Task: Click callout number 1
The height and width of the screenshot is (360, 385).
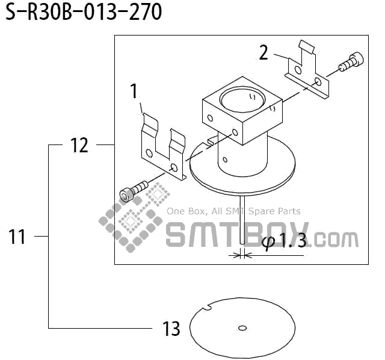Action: pyautogui.click(x=134, y=92)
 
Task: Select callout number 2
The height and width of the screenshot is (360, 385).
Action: pyautogui.click(x=263, y=52)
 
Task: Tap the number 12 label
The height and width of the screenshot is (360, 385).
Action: pyautogui.click(x=79, y=145)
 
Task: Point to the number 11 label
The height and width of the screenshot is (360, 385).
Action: pyautogui.click(x=17, y=237)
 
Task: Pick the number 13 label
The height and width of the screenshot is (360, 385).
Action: pyautogui.click(x=171, y=329)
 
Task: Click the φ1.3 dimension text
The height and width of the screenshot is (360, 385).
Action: pyautogui.click(x=285, y=241)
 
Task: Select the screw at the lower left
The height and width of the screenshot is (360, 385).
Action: pyautogui.click(x=133, y=191)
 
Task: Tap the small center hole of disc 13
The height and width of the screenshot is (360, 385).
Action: pyautogui.click(x=242, y=328)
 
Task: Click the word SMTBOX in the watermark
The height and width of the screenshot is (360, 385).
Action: pyautogui.click(x=237, y=234)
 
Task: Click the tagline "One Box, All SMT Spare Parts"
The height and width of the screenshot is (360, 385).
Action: pyautogui.click(x=233, y=211)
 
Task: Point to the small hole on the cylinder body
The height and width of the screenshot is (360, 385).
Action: pyautogui.click(x=224, y=160)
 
